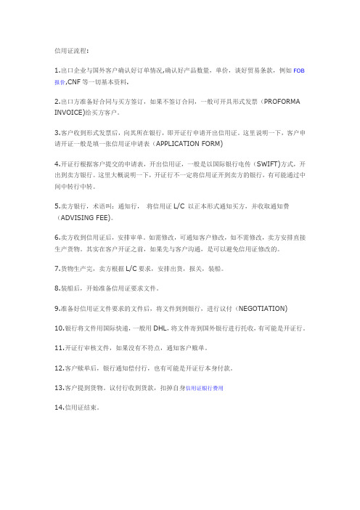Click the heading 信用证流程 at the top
pyautogui.click(x=70, y=52)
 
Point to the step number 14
pyautogui.click(x=59, y=408)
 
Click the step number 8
pyautogui.click(x=57, y=288)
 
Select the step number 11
pyautogui.click(x=59, y=348)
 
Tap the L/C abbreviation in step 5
pyautogui.click(x=180, y=206)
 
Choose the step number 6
pyautogui.click(x=57, y=237)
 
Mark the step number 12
pyautogui.click(x=59, y=368)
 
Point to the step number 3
pyautogui.click(x=57, y=134)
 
